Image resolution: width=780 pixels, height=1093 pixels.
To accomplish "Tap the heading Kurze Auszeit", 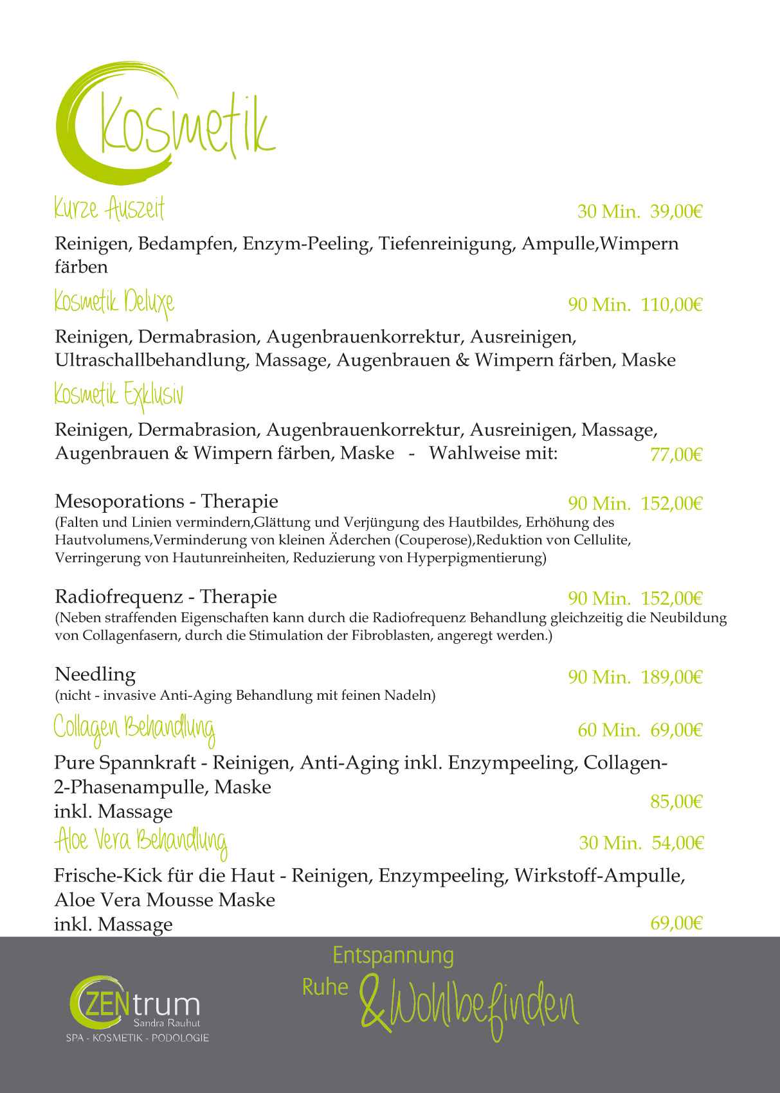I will pos(109,209).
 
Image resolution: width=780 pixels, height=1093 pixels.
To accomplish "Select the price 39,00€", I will pos(676,211).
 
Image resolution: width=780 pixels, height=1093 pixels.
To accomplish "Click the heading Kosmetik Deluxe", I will pos(114,302).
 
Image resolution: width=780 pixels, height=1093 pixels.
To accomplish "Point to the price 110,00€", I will pos(671,305).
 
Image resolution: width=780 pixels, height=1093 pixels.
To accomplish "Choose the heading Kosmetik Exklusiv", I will pos(118,395).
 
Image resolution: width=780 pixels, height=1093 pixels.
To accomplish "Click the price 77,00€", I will pos(676,455).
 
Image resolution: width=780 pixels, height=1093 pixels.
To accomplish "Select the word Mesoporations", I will pos(120,501).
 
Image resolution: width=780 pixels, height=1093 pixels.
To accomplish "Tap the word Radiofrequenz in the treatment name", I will pos(119,597).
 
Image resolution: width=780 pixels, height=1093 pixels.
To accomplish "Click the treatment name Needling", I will pos(95,675).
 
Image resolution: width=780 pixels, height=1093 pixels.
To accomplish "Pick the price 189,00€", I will pos(671,677).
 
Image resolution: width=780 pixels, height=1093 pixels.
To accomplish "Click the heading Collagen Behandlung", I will pos(134,728).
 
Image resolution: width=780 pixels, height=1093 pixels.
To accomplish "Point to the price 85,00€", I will pos(676,802).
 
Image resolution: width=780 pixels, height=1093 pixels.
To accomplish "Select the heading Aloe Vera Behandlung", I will pos(141,841).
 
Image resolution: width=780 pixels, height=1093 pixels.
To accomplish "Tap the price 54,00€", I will pos(678,843).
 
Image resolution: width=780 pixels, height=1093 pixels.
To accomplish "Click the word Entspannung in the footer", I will pos(393,955).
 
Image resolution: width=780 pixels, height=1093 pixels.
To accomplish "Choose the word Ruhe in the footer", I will pos(325,988).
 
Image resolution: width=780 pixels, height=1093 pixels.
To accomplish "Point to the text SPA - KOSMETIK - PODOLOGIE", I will pos(138,1038).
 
